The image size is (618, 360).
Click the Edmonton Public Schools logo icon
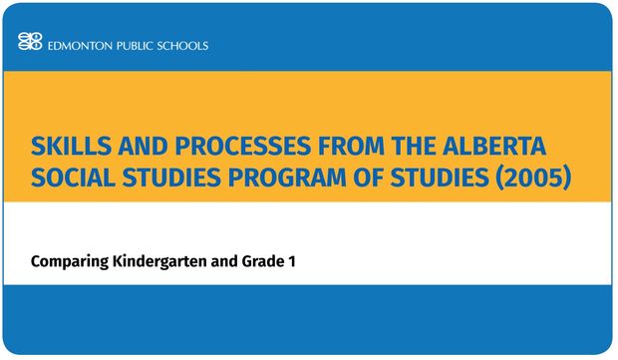pyautogui.click(x=30, y=42)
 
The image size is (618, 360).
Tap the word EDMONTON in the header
pyautogui.click(x=80, y=46)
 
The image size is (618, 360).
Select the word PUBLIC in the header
pyautogui.click(x=135, y=46)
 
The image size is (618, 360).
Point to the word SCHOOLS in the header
pyautogui.click(x=182, y=46)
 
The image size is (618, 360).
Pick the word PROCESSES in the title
pyautogui.click(x=243, y=146)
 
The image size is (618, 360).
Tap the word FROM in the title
pyautogui.click(x=351, y=146)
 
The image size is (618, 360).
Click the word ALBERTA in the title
pyautogui.click(x=494, y=146)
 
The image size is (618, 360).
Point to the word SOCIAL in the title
pyautogui.click(x=73, y=178)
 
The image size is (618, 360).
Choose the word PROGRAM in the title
pyautogui.click(x=287, y=178)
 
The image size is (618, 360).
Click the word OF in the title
pyautogui.click(x=368, y=178)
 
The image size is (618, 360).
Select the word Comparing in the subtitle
pyautogui.click(x=70, y=262)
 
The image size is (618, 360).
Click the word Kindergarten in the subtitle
pyautogui.click(x=159, y=261)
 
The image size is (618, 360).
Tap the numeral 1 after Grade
pyautogui.click(x=292, y=261)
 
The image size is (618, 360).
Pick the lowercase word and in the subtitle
pyautogui.click(x=224, y=261)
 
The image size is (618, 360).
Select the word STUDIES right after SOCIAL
pyautogui.click(x=171, y=178)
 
